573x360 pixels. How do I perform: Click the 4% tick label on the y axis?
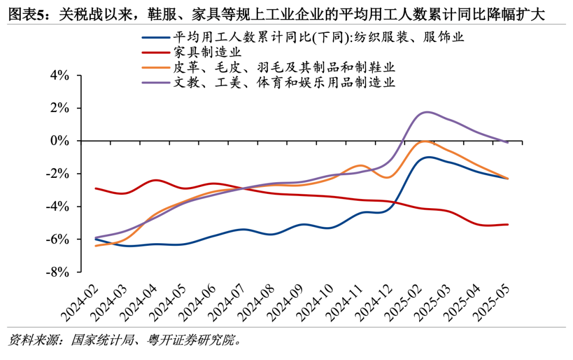coord(60,75)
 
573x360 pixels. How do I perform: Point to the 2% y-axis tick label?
coord(60,108)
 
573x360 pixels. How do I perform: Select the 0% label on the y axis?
coord(60,141)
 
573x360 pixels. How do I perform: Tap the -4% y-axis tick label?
coord(58,207)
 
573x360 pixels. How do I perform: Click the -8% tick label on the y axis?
coord(58,272)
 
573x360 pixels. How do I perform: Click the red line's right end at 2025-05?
coord(508,225)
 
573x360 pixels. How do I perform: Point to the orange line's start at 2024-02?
coord(95,246)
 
